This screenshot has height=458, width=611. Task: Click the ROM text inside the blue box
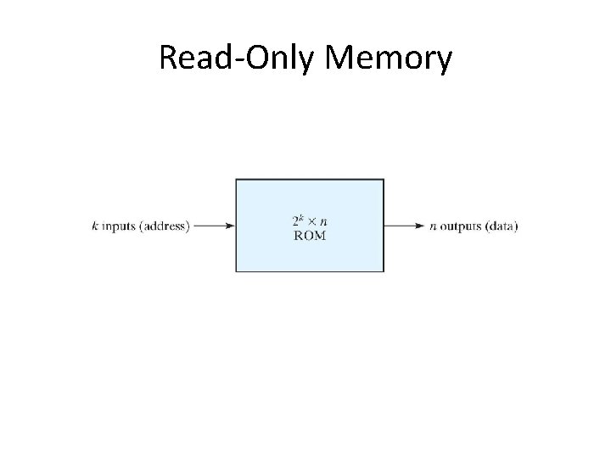[x=309, y=235]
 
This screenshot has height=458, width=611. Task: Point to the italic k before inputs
[x=94, y=226]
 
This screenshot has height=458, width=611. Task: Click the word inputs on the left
[x=115, y=226]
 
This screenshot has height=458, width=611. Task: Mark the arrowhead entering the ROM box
[x=230, y=226]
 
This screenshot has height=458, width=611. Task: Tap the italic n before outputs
[x=433, y=226]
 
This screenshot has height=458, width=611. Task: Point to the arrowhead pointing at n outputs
[x=421, y=226]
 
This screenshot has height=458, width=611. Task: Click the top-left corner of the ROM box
[x=236, y=179]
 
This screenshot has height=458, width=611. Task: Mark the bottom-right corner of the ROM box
[x=384, y=271]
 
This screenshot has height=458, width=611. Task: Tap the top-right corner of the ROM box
[x=384, y=179]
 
